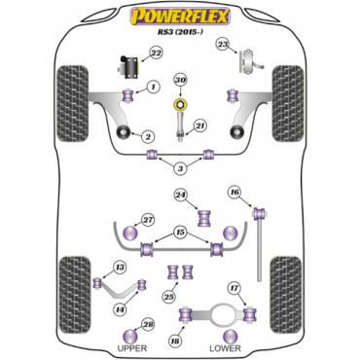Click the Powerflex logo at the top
point(180,17)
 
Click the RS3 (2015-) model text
point(179,32)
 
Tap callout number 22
point(157,53)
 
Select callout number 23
point(223,44)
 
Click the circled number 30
point(181,80)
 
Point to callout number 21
point(200,126)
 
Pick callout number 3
point(180,168)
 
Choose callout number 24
point(181,195)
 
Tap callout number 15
point(180,233)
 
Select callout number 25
point(169,297)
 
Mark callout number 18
point(175,341)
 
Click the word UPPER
point(132,348)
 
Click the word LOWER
point(225,348)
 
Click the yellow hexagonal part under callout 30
point(181,104)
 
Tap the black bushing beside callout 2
point(125,132)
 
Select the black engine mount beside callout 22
point(127,67)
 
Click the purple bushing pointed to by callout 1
point(129,94)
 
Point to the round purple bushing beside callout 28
point(130,336)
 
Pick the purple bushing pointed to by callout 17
point(250,314)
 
